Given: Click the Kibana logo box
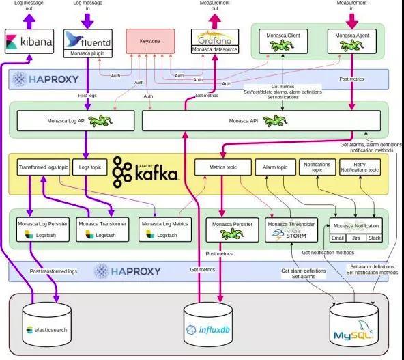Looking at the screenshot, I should coord(29,42).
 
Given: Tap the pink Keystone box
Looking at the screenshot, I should coord(149,41).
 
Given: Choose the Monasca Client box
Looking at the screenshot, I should coord(282,40).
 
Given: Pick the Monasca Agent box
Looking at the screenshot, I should coord(351,40).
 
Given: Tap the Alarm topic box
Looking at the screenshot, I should coord(276,167).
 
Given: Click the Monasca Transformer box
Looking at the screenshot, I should coord(102,228).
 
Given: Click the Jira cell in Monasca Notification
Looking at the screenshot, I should coord(355,238).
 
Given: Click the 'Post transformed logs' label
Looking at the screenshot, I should coord(53,271).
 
